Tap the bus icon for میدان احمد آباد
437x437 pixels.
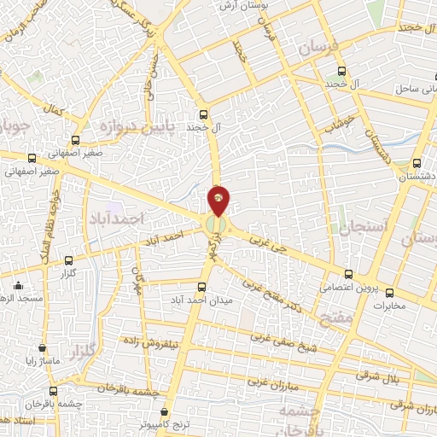[x=202, y=287]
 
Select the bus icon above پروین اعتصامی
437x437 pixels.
[x=347, y=274]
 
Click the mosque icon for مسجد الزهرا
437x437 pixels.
[x=19, y=286]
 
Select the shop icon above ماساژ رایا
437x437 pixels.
[x=41, y=348]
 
